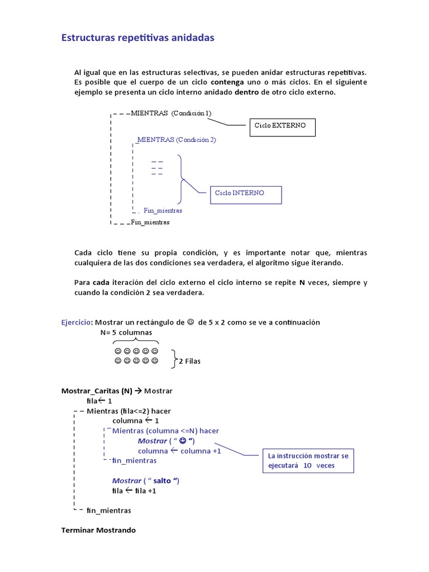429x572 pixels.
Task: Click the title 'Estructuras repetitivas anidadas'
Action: point(137,38)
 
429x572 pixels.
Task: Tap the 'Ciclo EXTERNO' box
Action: point(282,126)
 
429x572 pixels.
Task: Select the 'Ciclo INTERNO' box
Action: point(245,194)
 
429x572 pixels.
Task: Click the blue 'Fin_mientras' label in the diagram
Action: point(163,211)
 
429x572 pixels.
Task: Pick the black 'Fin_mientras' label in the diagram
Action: point(150,222)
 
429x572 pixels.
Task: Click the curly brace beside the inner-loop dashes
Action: point(181,179)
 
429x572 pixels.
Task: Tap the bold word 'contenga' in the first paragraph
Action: point(227,82)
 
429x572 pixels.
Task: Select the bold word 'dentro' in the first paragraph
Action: point(246,92)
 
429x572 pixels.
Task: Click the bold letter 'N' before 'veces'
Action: point(302,283)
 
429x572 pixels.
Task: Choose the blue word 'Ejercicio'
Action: point(76,322)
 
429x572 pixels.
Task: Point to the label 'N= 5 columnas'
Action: point(126,332)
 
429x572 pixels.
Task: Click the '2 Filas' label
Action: point(189,361)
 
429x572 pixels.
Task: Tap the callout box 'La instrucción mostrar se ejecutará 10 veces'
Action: point(308,460)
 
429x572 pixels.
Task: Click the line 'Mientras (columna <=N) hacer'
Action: point(165,431)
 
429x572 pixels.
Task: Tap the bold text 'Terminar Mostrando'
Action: point(98,530)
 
